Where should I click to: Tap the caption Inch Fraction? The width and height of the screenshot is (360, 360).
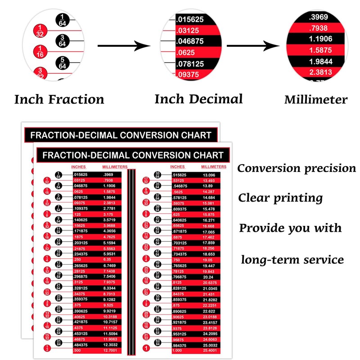(x=59, y=99)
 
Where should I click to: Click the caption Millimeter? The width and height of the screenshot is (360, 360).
(x=315, y=99)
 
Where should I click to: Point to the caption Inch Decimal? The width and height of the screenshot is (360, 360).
(x=198, y=99)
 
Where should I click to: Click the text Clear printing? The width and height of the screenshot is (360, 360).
(x=280, y=198)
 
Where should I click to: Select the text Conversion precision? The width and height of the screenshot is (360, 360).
(x=297, y=168)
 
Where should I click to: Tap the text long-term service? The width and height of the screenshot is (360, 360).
(x=292, y=260)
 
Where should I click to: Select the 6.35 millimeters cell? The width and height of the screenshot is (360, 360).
(x=108, y=259)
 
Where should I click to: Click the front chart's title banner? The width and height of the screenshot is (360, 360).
(x=133, y=155)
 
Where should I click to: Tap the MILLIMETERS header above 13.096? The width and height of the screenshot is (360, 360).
(x=209, y=167)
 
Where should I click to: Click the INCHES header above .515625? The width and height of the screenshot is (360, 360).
(x=178, y=167)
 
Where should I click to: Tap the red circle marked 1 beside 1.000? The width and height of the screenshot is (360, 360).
(x=146, y=348)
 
